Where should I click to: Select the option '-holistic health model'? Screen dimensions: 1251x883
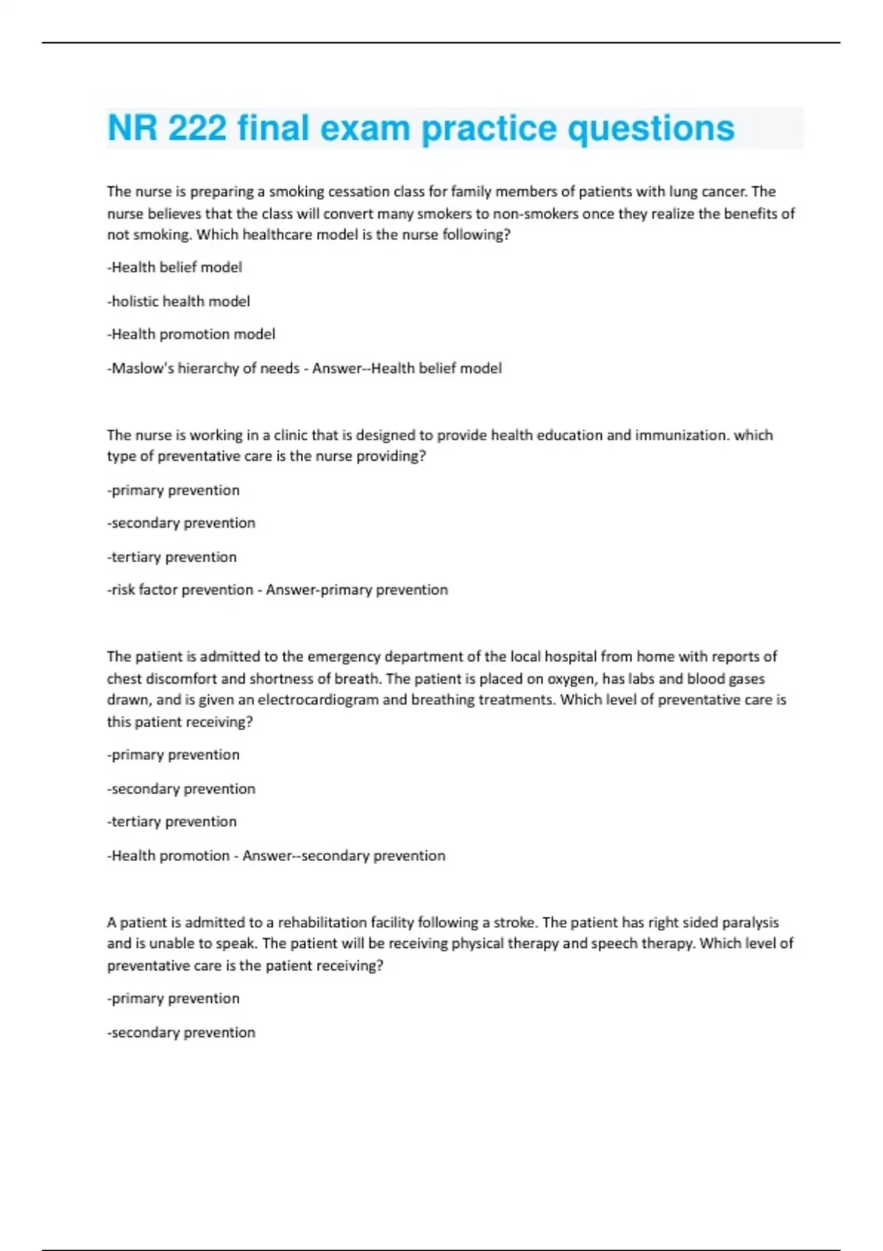click(x=179, y=301)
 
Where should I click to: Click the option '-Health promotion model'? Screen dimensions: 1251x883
click(x=191, y=334)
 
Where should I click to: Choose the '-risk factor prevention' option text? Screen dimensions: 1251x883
click(x=180, y=589)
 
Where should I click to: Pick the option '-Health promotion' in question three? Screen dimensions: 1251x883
click(x=169, y=855)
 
